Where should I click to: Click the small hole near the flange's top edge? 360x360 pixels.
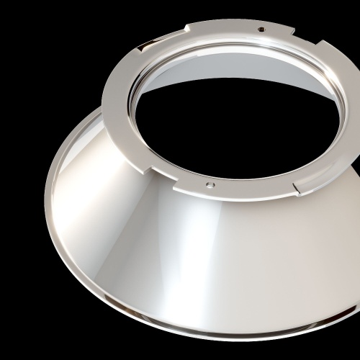click(261, 30)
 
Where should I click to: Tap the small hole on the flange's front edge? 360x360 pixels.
click(210, 184)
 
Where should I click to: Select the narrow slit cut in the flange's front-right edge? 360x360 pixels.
click(295, 188)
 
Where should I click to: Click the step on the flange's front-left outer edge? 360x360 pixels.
click(153, 170)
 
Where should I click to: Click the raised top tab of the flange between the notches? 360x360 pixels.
click(241, 27)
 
